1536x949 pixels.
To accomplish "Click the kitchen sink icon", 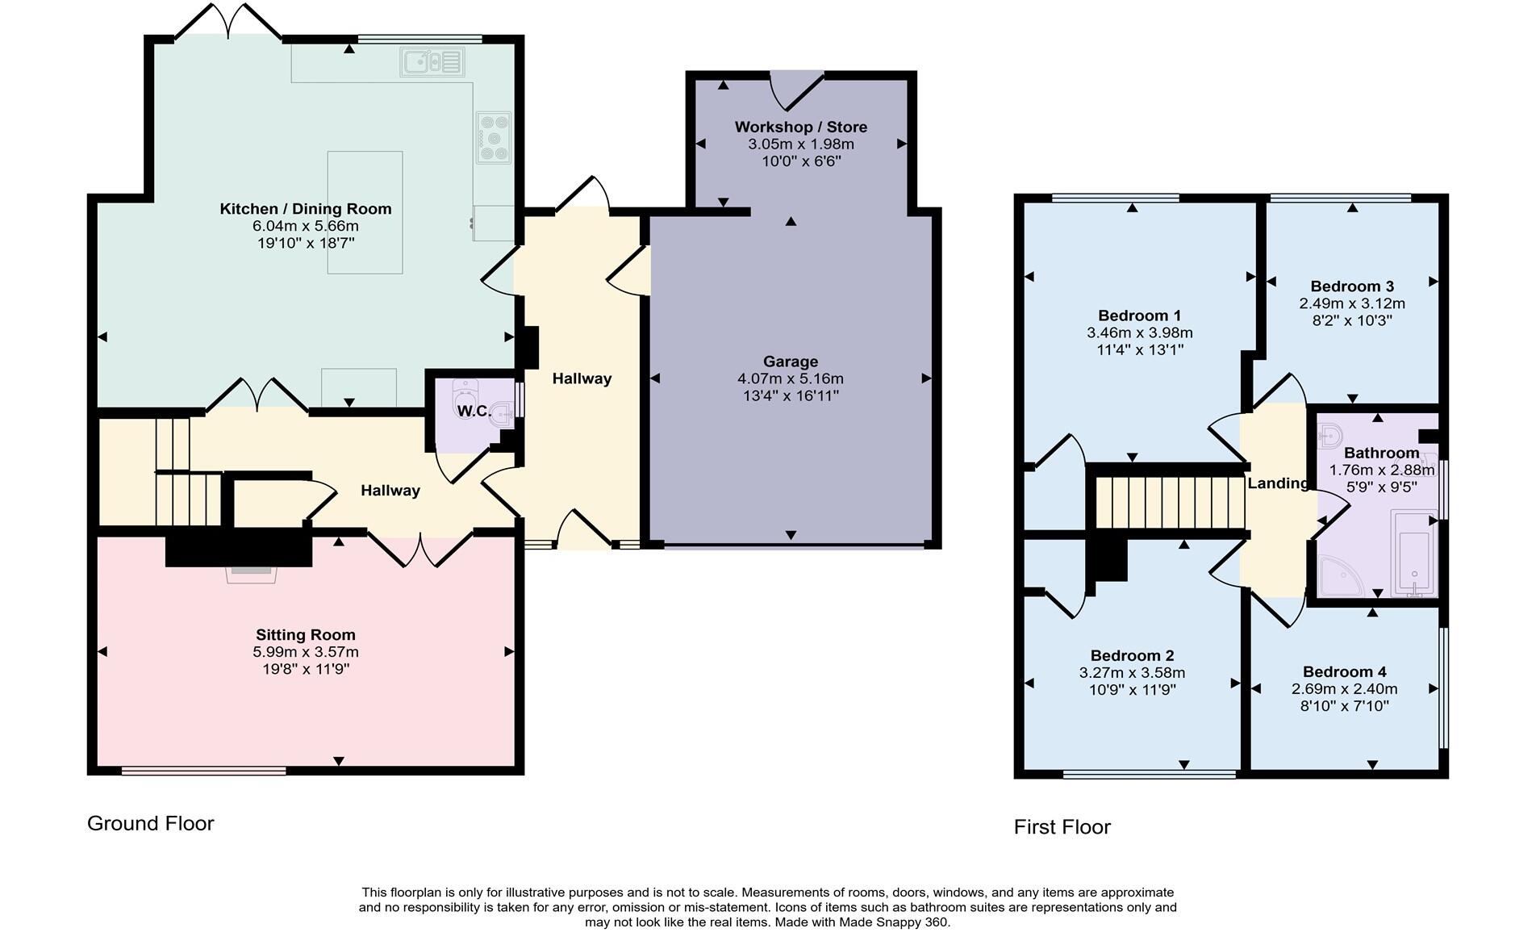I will click(x=432, y=62).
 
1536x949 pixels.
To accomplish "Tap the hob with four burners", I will click(x=494, y=138).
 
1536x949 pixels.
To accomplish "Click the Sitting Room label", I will click(x=306, y=635).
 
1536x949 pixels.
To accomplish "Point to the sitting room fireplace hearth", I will click(x=253, y=574).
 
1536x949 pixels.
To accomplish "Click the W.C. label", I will click(x=474, y=412).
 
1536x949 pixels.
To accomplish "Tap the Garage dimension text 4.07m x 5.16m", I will click(x=791, y=378).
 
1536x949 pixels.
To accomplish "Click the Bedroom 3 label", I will click(x=1352, y=286).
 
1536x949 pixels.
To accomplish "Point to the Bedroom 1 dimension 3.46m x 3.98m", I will click(x=1139, y=332).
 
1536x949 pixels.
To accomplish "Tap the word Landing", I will click(x=1278, y=483).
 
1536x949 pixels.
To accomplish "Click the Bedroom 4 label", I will click(x=1344, y=672).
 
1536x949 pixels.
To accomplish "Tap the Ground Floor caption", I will click(x=151, y=823).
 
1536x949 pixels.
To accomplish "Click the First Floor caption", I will click(x=1062, y=827).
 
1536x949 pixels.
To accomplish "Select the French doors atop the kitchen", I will click(x=229, y=21).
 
